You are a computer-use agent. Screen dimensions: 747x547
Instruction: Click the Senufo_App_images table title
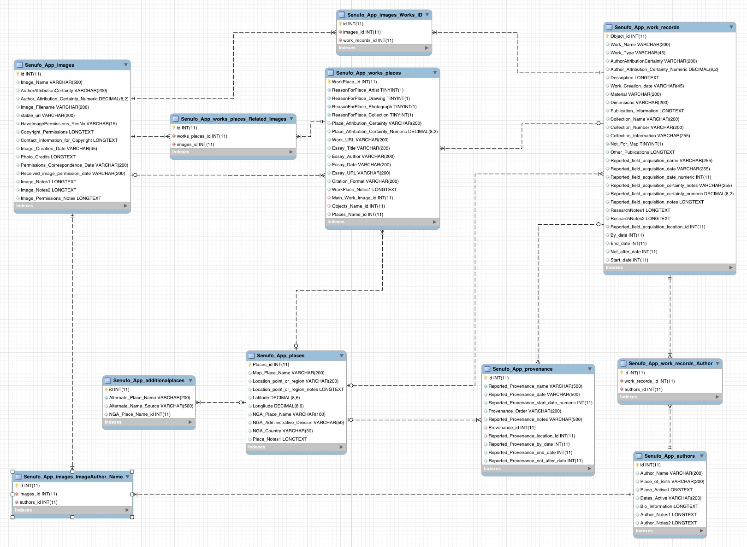tap(49, 65)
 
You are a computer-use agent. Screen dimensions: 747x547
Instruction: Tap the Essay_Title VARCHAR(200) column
tap(361, 148)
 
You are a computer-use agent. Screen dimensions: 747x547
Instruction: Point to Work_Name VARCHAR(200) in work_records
tap(640, 45)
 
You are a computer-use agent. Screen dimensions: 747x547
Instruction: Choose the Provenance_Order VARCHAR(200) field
tap(525, 411)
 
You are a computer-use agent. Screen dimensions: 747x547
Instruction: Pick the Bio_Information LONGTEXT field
tap(669, 506)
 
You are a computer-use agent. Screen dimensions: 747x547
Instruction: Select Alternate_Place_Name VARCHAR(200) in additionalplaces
tap(149, 398)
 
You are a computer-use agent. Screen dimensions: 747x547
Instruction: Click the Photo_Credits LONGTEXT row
tap(48, 157)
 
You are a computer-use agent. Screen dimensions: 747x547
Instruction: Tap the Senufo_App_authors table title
tap(669, 456)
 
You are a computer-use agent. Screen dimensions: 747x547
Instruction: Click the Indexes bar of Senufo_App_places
tap(296, 447)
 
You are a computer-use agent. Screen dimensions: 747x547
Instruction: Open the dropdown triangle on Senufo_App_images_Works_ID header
tap(427, 15)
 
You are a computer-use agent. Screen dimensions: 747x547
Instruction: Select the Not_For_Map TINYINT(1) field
tap(636, 144)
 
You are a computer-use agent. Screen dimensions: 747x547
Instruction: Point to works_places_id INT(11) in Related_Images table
tap(202, 136)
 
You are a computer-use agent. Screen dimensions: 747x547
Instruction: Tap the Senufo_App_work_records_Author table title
tap(670, 364)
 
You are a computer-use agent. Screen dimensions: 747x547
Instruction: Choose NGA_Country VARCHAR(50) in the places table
tap(283, 431)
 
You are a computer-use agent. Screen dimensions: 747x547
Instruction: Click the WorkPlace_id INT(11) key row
tap(354, 82)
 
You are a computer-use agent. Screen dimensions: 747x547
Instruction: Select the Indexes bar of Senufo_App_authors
tap(670, 531)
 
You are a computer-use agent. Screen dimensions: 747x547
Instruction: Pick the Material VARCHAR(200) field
tap(635, 94)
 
